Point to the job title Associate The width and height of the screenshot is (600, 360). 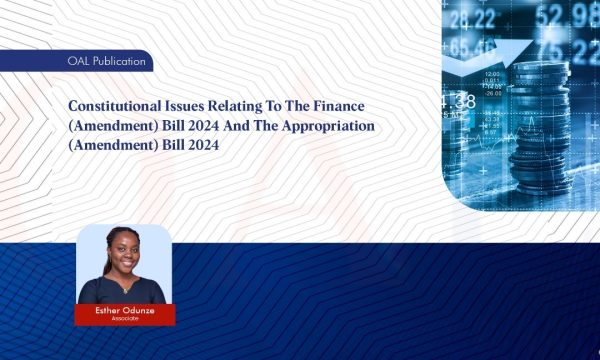tap(124, 318)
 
